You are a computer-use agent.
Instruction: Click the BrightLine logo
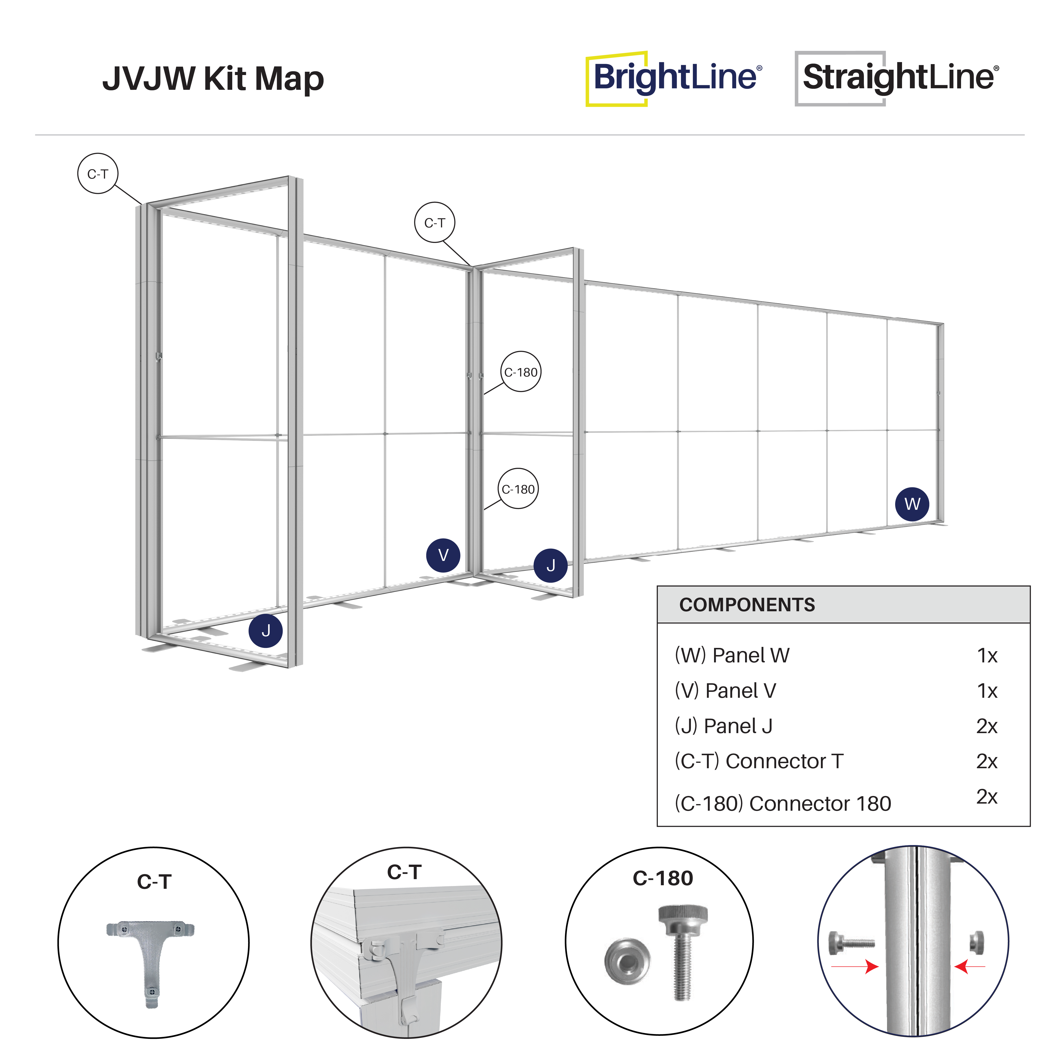[674, 78]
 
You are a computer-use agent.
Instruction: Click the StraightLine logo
[898, 78]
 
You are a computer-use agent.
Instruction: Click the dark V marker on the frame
[443, 555]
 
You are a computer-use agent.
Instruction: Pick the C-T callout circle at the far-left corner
[98, 173]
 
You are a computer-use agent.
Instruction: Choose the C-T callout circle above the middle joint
[434, 222]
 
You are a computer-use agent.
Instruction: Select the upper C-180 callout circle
[521, 371]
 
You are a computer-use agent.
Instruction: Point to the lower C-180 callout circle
[518, 488]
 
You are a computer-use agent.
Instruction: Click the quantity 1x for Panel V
[987, 691]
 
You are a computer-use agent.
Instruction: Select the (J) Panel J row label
[723, 726]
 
